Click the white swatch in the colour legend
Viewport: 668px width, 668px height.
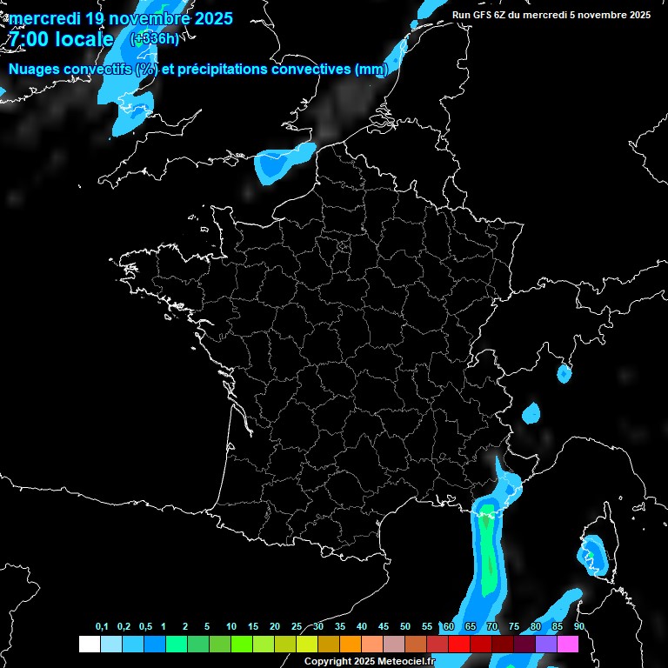tap(89, 644)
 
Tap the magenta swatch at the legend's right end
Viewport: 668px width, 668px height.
tap(568, 644)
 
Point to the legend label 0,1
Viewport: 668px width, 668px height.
tap(102, 627)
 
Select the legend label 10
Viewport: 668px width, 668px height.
tap(231, 627)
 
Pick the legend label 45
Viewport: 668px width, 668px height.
tap(384, 627)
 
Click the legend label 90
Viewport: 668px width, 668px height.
tap(579, 627)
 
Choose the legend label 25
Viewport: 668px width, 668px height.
tap(297, 627)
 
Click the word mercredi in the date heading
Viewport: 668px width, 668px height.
tap(44, 17)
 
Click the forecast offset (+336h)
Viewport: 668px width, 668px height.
tap(154, 38)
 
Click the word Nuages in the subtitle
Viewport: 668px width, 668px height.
tap(39, 69)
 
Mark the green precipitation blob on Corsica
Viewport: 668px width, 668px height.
tap(590, 554)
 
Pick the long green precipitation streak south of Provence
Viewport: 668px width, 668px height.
tap(489, 548)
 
